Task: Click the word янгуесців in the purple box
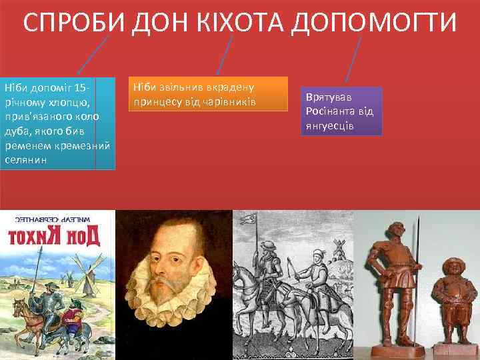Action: (330, 126)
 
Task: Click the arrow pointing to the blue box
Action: (93, 55)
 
